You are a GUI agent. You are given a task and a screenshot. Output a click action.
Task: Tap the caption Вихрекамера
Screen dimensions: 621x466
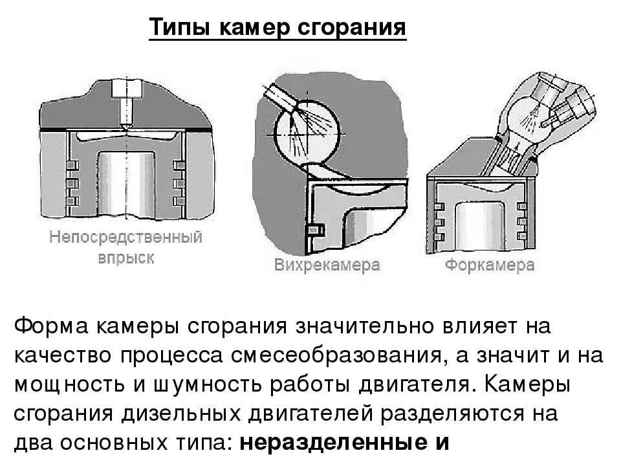click(327, 265)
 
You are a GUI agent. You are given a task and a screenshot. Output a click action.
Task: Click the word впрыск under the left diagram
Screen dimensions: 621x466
click(126, 258)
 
